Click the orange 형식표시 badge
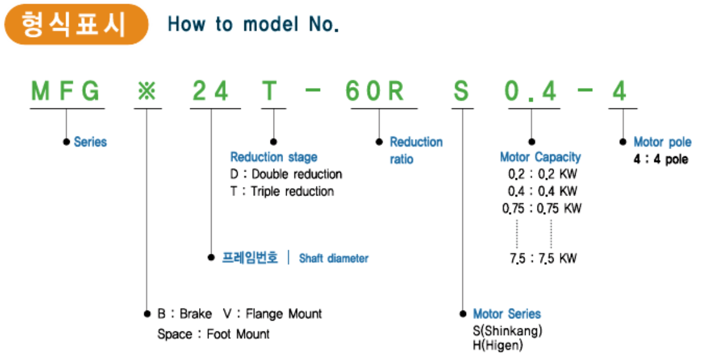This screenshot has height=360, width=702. coord(76,24)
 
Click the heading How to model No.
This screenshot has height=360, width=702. coord(253,24)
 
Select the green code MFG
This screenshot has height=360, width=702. coord(66,91)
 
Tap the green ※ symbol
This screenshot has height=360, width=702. coord(147,92)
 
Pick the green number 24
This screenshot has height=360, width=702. coord(210,91)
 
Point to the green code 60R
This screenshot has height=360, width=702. coord(375,91)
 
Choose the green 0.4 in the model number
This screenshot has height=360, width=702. coord(530,91)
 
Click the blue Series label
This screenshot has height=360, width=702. coord(91,142)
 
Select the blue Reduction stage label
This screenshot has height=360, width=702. coord(274,157)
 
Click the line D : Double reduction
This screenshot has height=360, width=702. coord(286,174)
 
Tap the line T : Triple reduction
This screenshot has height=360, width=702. coord(282,191)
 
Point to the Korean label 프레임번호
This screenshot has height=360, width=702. coord(250,257)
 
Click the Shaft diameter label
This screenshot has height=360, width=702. coord(334,258)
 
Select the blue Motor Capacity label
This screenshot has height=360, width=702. coord(541,157)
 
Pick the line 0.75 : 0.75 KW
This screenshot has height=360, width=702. coord(542,208)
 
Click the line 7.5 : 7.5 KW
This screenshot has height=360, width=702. coord(543,258)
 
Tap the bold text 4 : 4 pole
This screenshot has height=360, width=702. coord(661,159)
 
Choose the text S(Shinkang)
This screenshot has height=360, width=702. coord(507,331)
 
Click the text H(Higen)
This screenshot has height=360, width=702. coord(498,345)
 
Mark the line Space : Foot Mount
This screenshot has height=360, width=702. coord(213,334)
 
